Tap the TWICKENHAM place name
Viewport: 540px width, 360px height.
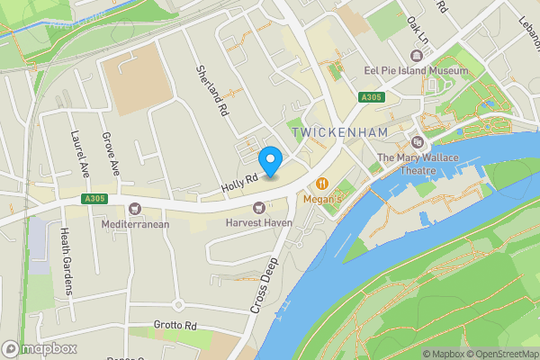point(338,133)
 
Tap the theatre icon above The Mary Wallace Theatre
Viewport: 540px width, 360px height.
point(417,142)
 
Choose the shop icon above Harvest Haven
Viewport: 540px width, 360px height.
point(259,207)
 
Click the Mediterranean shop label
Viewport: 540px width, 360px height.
point(136,224)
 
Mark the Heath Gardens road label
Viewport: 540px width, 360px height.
point(65,261)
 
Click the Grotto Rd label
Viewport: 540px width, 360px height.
point(175,324)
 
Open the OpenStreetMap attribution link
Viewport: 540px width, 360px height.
point(500,354)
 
